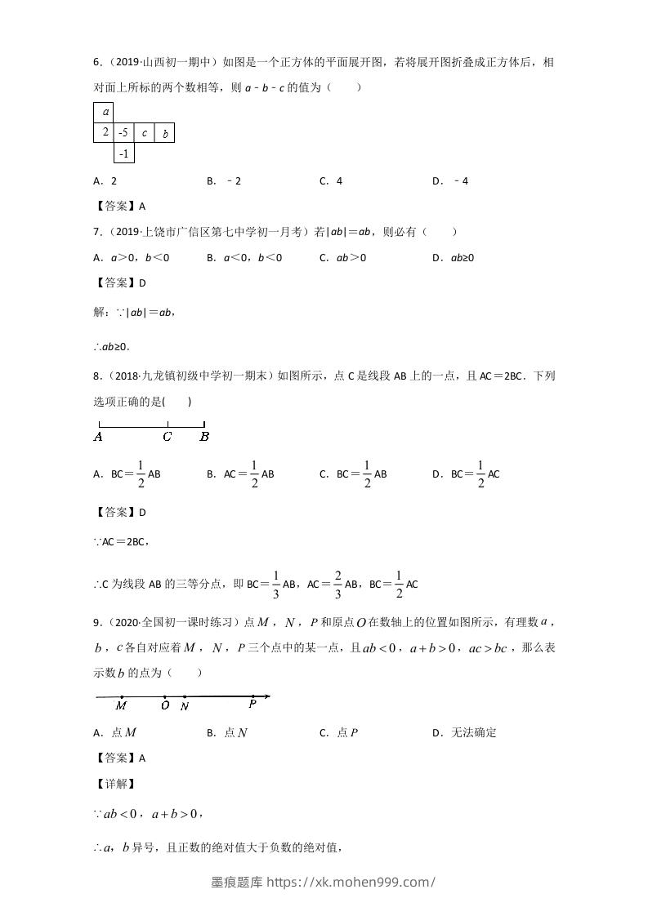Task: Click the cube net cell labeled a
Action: pyautogui.click(x=104, y=112)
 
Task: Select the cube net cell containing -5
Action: pyautogui.click(x=123, y=132)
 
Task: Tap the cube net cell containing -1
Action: pyautogui.click(x=123, y=153)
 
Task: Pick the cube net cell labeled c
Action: pyautogui.click(x=144, y=132)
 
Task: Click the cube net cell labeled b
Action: pyautogui.click(x=164, y=132)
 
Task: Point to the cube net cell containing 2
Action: pyautogui.click(x=104, y=132)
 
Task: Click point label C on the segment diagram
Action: pyautogui.click(x=167, y=437)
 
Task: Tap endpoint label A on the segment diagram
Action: pyautogui.click(x=98, y=437)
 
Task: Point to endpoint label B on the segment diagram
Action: pyautogui.click(x=204, y=437)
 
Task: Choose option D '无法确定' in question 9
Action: pyautogui.click(x=465, y=732)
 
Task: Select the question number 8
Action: pyautogui.click(x=96, y=376)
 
